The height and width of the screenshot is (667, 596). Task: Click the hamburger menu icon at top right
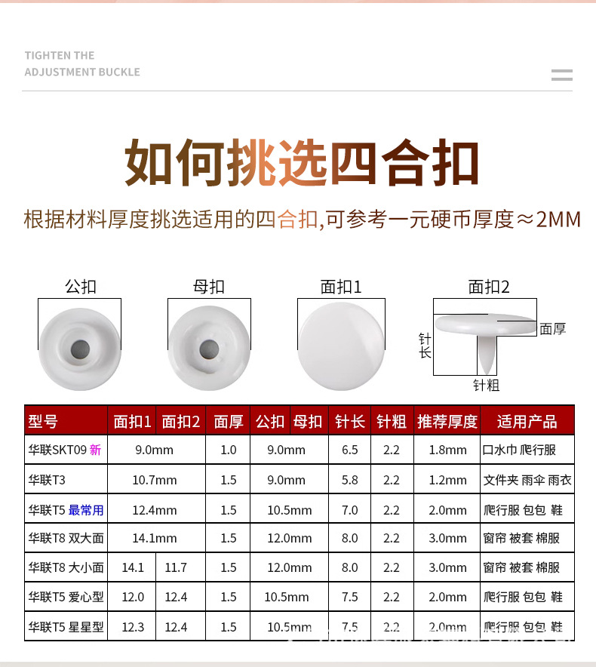(x=561, y=75)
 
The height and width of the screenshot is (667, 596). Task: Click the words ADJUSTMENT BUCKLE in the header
(x=82, y=72)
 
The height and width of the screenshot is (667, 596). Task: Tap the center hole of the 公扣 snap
(x=80, y=349)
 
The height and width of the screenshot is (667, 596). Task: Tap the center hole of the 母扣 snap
(x=209, y=349)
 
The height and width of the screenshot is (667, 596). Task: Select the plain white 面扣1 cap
(x=341, y=346)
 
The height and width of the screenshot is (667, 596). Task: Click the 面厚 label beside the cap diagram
(x=553, y=329)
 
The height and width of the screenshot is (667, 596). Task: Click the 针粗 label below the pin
(x=487, y=386)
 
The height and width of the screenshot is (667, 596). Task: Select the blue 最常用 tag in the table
(x=86, y=510)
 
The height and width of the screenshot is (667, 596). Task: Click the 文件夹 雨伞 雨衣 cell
(x=527, y=480)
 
